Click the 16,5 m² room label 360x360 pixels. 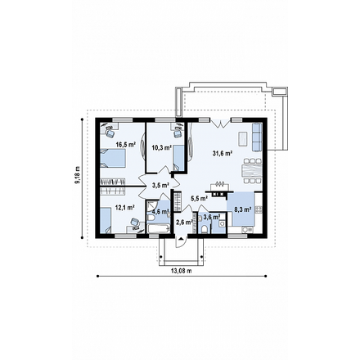[126, 145]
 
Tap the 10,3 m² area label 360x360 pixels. [161, 148]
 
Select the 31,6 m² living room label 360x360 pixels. [223, 153]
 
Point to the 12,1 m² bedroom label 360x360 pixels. [125, 208]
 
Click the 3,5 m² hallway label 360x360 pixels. [160, 186]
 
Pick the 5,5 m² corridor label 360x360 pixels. [200, 199]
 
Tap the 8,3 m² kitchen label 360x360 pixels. [243, 209]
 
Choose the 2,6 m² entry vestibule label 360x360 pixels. [184, 223]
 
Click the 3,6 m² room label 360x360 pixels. [212, 217]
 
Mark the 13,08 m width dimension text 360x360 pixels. [182, 271]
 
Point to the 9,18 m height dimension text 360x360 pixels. [78, 175]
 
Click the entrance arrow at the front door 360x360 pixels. [181, 238]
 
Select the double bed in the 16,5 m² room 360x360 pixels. [113, 158]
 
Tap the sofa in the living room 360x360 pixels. [257, 137]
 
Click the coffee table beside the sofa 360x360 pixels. [243, 138]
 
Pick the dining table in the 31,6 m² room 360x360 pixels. [251, 171]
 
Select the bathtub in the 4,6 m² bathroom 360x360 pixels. [159, 228]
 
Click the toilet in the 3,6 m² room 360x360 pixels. [204, 229]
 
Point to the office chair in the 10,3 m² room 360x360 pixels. [178, 133]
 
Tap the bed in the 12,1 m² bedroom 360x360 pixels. [106, 220]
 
